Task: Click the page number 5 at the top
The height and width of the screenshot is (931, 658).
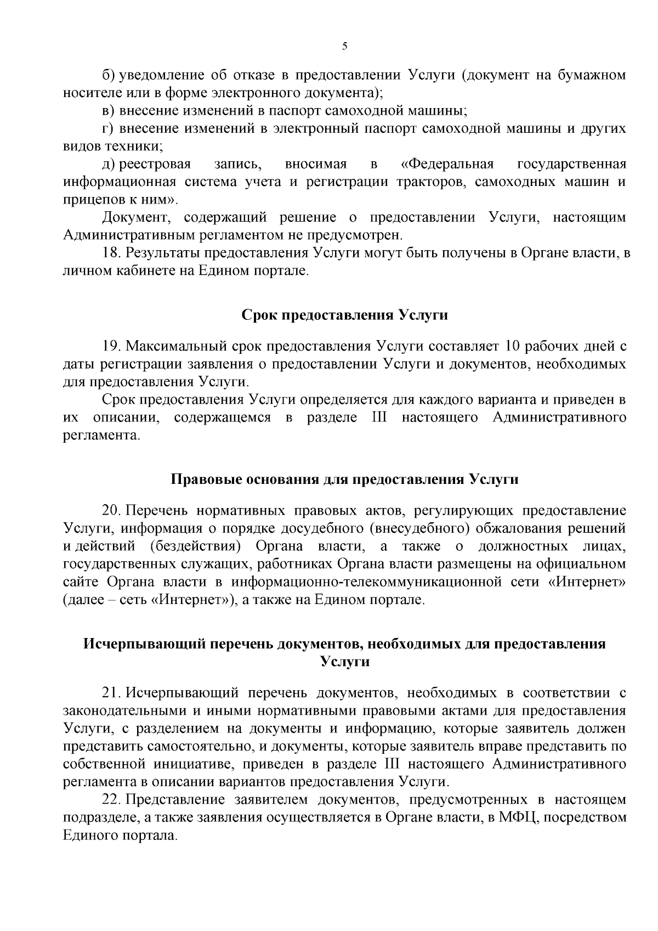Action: click(344, 47)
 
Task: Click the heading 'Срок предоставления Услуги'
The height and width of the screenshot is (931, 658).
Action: click(345, 315)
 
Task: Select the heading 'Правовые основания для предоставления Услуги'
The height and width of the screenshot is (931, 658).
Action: click(345, 479)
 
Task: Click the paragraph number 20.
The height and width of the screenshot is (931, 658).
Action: click(111, 511)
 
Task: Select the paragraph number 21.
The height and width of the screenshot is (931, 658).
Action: click(111, 693)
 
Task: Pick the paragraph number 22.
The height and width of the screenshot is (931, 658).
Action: click(111, 800)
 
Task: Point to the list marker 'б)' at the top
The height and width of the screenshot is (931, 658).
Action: click(108, 75)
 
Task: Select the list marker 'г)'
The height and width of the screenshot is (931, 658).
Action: click(107, 128)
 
